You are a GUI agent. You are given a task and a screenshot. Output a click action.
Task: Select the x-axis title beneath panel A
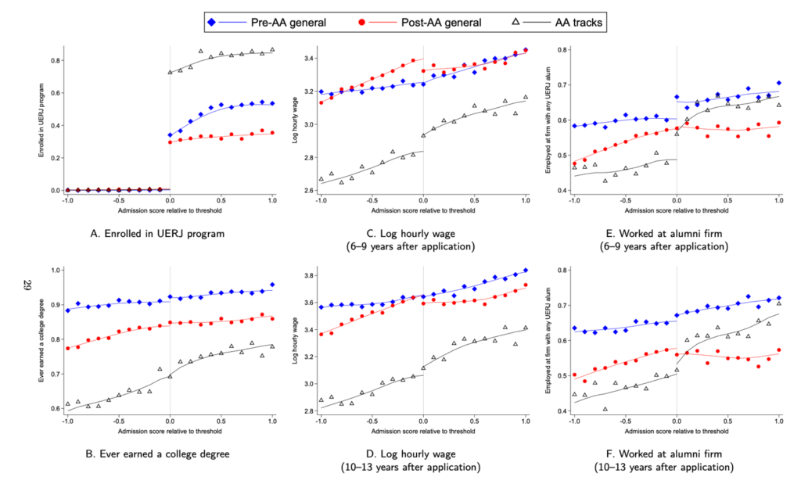click(x=170, y=212)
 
